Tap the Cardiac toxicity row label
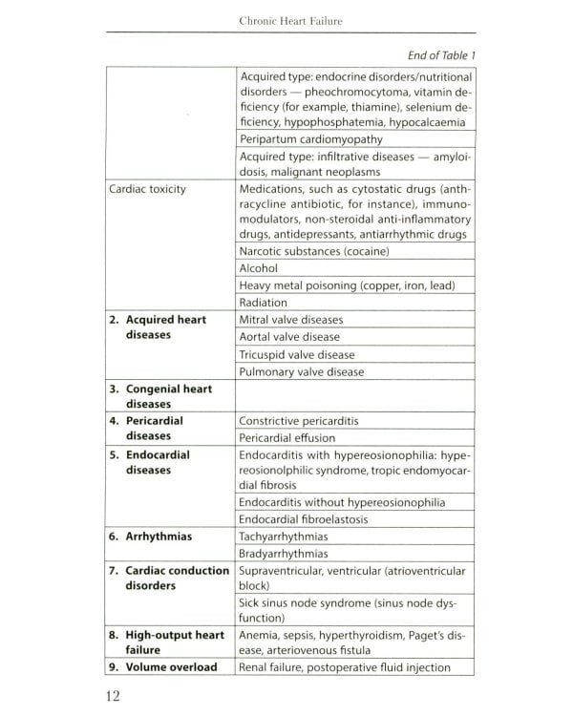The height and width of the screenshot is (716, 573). coord(147,189)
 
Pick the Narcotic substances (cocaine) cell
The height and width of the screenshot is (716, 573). coord(314,251)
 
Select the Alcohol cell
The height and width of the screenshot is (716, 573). coord(258,268)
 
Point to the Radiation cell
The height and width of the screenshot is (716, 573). coord(264,303)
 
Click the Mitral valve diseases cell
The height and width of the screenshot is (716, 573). coord(291,320)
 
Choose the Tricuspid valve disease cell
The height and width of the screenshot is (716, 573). coord(297,354)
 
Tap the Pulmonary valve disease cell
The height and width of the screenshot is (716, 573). coord(302,371)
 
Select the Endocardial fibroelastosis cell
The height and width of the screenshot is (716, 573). coord(305,519)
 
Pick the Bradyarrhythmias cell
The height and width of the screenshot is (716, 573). coord(284,554)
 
